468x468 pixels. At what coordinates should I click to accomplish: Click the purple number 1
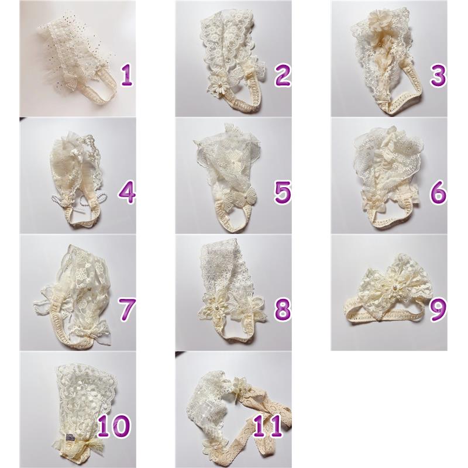pyautogui.click(x=126, y=75)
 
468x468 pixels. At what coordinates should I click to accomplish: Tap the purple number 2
pyautogui.click(x=283, y=75)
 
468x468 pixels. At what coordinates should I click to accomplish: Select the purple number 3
pyautogui.click(x=438, y=75)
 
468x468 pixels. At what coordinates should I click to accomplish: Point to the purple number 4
pyautogui.click(x=127, y=192)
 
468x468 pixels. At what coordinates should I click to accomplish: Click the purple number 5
pyautogui.click(x=283, y=192)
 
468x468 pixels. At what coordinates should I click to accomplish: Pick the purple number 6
pyautogui.click(x=438, y=192)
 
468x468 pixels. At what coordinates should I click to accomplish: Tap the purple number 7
pyautogui.click(x=127, y=309)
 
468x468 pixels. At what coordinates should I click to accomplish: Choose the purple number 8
pyautogui.click(x=283, y=309)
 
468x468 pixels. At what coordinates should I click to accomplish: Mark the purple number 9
pyautogui.click(x=438, y=309)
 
